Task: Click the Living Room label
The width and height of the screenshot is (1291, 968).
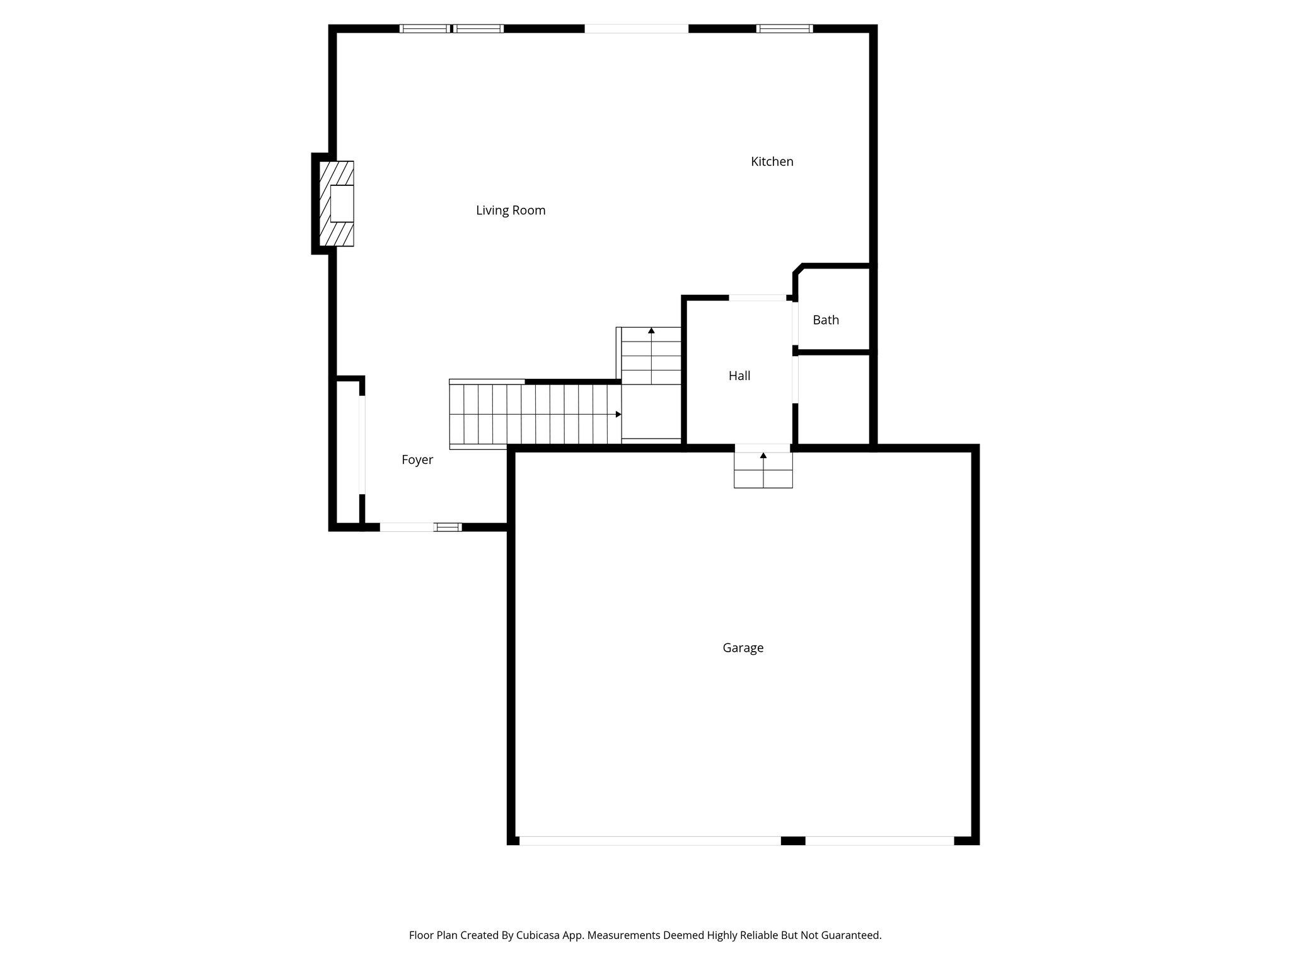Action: click(x=511, y=210)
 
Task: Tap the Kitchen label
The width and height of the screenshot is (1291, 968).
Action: click(x=772, y=162)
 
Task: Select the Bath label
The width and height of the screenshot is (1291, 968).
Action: click(x=825, y=320)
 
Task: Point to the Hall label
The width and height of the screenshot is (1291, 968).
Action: click(x=739, y=376)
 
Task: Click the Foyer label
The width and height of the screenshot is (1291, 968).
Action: click(x=417, y=460)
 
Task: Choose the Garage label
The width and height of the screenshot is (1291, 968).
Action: click(x=743, y=648)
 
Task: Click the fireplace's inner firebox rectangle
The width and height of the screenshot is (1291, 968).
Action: click(x=342, y=204)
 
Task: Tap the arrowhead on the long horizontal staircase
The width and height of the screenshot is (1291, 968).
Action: click(x=618, y=414)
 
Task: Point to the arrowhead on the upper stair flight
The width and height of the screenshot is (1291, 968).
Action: click(x=651, y=330)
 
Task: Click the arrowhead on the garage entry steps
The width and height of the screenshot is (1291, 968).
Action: click(x=763, y=455)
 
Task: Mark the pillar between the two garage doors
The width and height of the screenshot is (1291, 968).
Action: click(x=793, y=841)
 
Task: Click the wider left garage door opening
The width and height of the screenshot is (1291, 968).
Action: click(x=649, y=841)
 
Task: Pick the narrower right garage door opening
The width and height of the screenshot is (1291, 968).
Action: click(x=879, y=841)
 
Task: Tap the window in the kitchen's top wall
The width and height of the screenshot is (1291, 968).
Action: click(x=784, y=28)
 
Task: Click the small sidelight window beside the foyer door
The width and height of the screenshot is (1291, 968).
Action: click(x=448, y=527)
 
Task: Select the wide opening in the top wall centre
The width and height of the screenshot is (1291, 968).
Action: click(x=636, y=28)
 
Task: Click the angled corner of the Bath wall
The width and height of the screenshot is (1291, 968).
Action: click(x=798, y=270)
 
